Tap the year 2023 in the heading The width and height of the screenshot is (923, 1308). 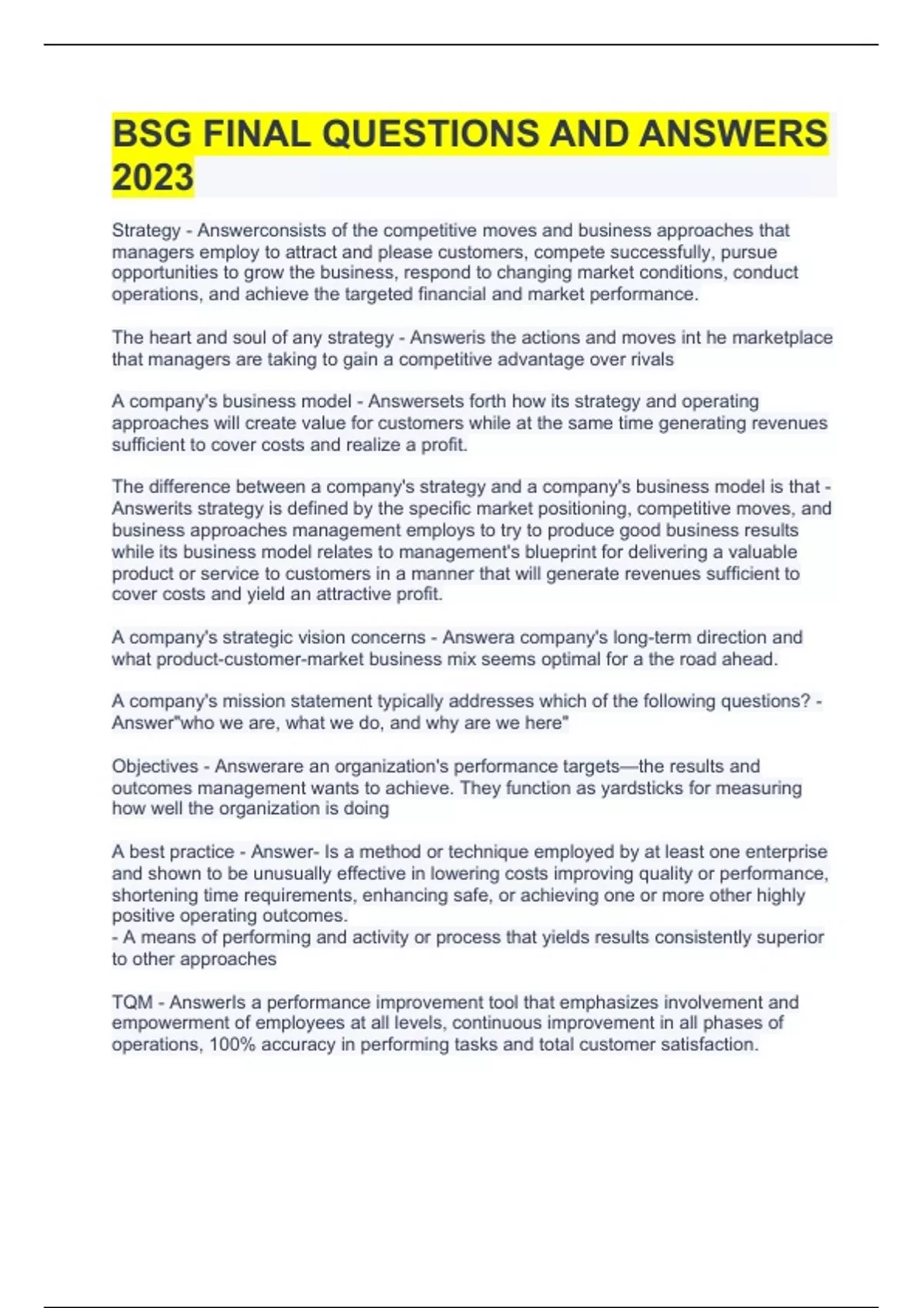(x=152, y=178)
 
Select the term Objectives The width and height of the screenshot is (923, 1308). (x=155, y=766)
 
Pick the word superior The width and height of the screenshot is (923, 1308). (x=790, y=937)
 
